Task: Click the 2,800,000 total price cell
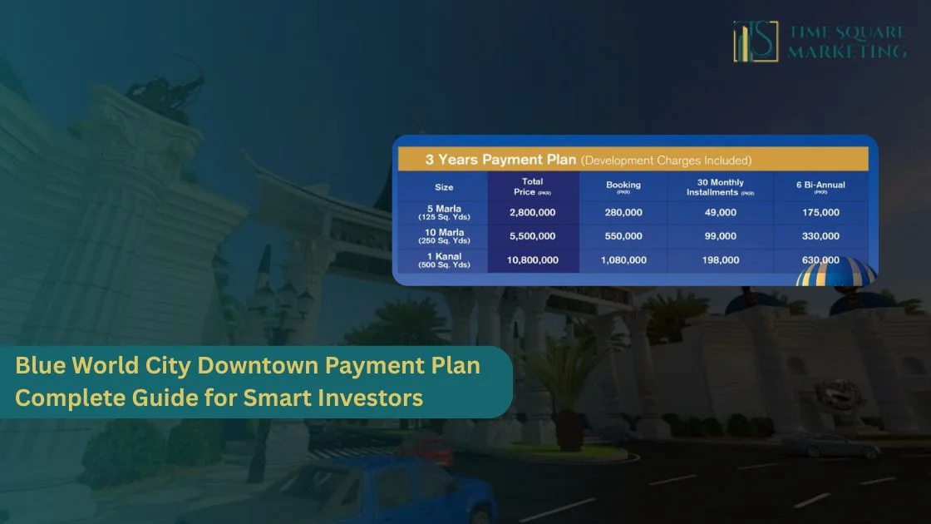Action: tap(532, 213)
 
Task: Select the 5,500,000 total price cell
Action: tap(532, 236)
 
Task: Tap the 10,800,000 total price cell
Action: tap(532, 260)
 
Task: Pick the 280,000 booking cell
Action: tap(623, 213)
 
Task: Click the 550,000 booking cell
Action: tap(623, 236)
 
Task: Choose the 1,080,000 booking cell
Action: tap(623, 260)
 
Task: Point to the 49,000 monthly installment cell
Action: tap(720, 213)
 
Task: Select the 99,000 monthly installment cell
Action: tap(720, 236)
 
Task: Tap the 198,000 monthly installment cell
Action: tap(720, 260)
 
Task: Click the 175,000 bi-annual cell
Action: tap(820, 213)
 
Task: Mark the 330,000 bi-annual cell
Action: tap(820, 236)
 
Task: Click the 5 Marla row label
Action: tap(444, 213)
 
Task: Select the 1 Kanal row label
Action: tap(444, 260)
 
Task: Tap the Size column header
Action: tap(444, 187)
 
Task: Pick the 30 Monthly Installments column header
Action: tap(720, 187)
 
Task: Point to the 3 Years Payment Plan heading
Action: tap(500, 160)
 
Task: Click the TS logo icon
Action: tap(756, 42)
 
